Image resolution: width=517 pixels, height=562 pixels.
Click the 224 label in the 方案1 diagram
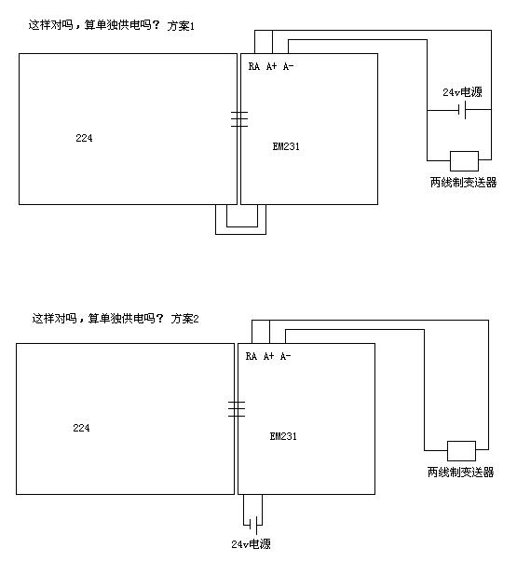tap(84, 138)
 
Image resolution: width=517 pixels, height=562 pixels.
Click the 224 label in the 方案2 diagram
tap(81, 428)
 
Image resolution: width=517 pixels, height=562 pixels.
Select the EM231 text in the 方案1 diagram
tap(286, 146)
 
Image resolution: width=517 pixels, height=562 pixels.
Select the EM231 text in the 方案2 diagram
tap(283, 436)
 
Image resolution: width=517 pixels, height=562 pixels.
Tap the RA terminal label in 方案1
tap(254, 66)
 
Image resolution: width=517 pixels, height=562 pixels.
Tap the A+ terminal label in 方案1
tap(272, 66)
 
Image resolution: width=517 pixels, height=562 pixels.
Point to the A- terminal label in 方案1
tap(289, 66)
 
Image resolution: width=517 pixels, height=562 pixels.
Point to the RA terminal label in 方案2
tap(252, 356)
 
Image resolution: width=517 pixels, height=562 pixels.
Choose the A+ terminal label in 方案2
tap(268, 356)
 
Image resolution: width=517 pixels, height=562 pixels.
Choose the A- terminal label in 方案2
tap(286, 356)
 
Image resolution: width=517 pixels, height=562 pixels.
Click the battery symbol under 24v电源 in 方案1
tap(462, 110)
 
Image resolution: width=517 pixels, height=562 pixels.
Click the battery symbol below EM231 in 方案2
tap(253, 525)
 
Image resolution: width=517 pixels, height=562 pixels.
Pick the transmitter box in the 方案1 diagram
tap(464, 161)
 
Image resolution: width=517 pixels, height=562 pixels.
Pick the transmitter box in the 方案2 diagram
tap(461, 451)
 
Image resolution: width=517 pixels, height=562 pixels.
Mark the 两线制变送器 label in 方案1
tap(464, 183)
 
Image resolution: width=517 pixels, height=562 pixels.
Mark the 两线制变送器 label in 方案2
tap(461, 472)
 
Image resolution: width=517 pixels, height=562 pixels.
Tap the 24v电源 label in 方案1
tap(463, 92)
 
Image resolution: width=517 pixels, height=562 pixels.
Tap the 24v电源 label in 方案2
tap(251, 544)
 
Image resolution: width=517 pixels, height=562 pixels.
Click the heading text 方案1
tap(181, 26)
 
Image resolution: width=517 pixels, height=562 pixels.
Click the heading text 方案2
tap(184, 319)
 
